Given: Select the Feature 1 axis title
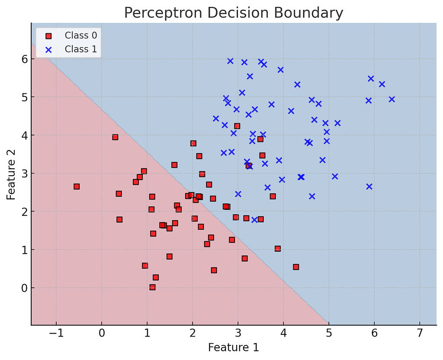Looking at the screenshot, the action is (x=233, y=347).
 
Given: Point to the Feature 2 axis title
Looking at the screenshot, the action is (x=11, y=175).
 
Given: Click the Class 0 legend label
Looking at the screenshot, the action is (x=81, y=35).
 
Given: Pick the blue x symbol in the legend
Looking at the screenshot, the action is (x=48, y=50).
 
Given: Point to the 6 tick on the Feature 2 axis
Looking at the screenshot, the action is (x=25, y=59).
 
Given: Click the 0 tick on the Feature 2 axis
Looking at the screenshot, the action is (x=25, y=288).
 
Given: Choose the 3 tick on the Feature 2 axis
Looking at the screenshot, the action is (x=25, y=174).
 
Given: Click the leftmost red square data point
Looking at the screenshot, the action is (x=77, y=186).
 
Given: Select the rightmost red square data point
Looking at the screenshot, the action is (x=296, y=267).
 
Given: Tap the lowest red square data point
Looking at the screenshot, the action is (x=152, y=287).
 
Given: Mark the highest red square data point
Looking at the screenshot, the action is (x=237, y=126).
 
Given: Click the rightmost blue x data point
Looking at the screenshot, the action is (x=392, y=99).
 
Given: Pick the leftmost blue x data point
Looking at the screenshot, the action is (x=216, y=119).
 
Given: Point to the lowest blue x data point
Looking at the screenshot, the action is (x=254, y=219).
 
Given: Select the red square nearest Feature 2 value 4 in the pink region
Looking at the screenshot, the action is (x=115, y=137).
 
